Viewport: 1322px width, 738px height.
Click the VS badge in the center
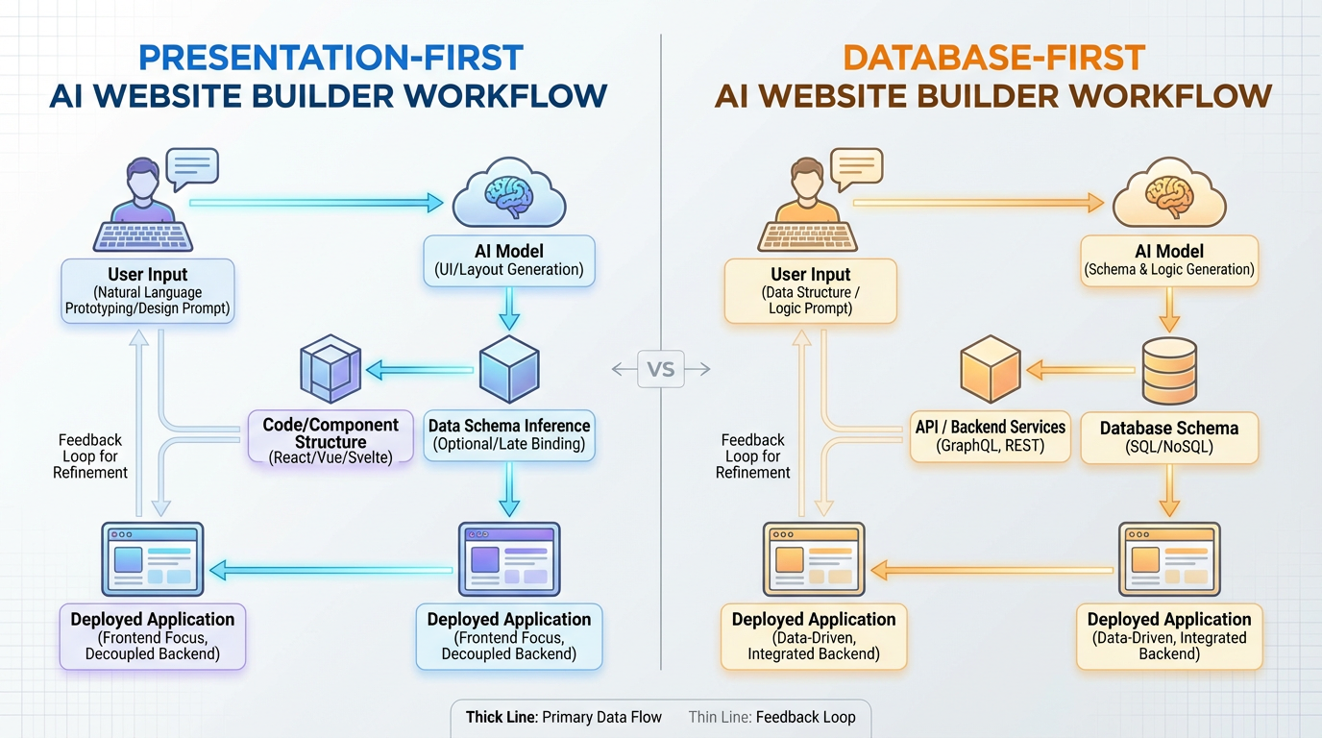pyautogui.click(x=661, y=369)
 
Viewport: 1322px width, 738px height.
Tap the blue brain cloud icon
pyautogui.click(x=509, y=197)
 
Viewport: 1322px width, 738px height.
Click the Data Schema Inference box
pyautogui.click(x=509, y=434)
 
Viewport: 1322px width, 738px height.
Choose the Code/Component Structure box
pyautogui.click(x=330, y=440)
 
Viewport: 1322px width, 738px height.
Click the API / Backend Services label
pyautogui.click(x=990, y=435)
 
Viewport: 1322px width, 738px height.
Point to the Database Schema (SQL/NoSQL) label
pyautogui.click(x=1168, y=437)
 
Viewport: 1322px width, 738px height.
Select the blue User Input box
pyautogui.click(x=147, y=291)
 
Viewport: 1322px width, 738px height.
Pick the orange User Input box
pyautogui.click(x=811, y=291)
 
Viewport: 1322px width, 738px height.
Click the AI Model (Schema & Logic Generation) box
pyautogui.click(x=1168, y=260)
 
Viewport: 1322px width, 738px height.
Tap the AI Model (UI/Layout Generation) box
pyautogui.click(x=509, y=260)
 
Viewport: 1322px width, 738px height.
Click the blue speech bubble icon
pyautogui.click(x=191, y=168)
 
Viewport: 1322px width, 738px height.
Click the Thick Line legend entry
pyautogui.click(x=563, y=717)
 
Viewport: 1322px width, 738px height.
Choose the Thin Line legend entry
pyautogui.click(x=771, y=717)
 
